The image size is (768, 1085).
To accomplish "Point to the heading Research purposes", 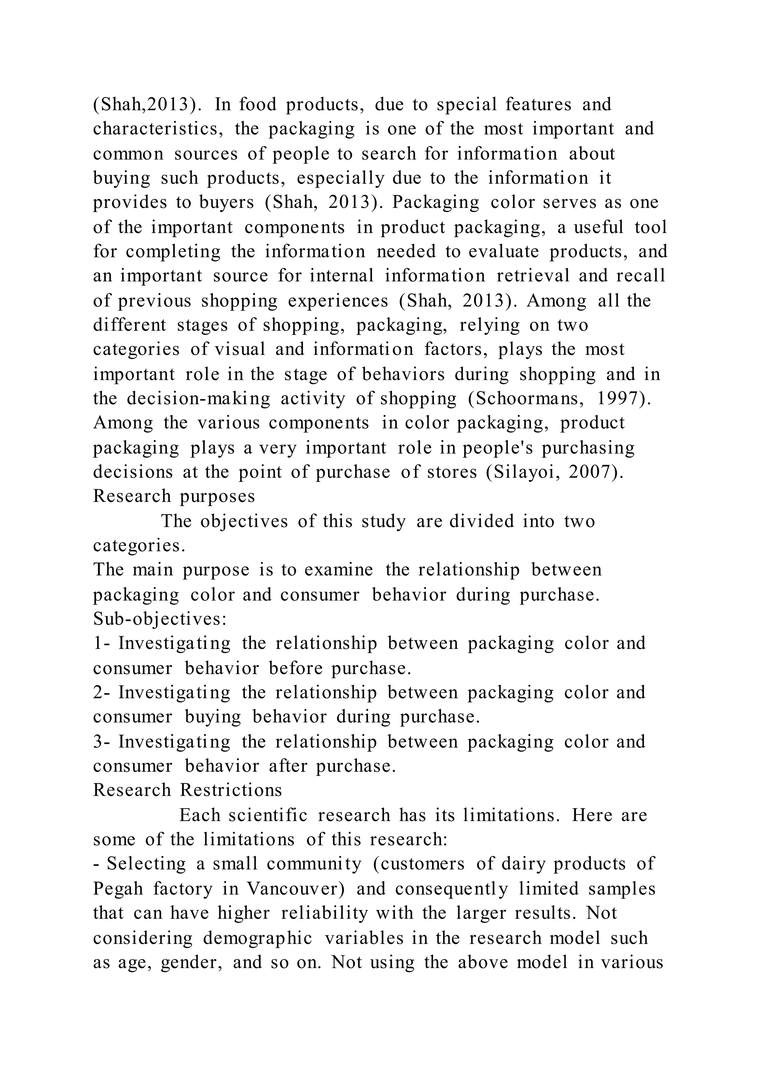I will click(x=174, y=496).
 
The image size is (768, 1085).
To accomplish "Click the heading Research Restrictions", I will click(x=187, y=790).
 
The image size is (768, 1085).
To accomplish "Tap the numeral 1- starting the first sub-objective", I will click(x=101, y=643).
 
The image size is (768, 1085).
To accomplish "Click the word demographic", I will click(x=258, y=937).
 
